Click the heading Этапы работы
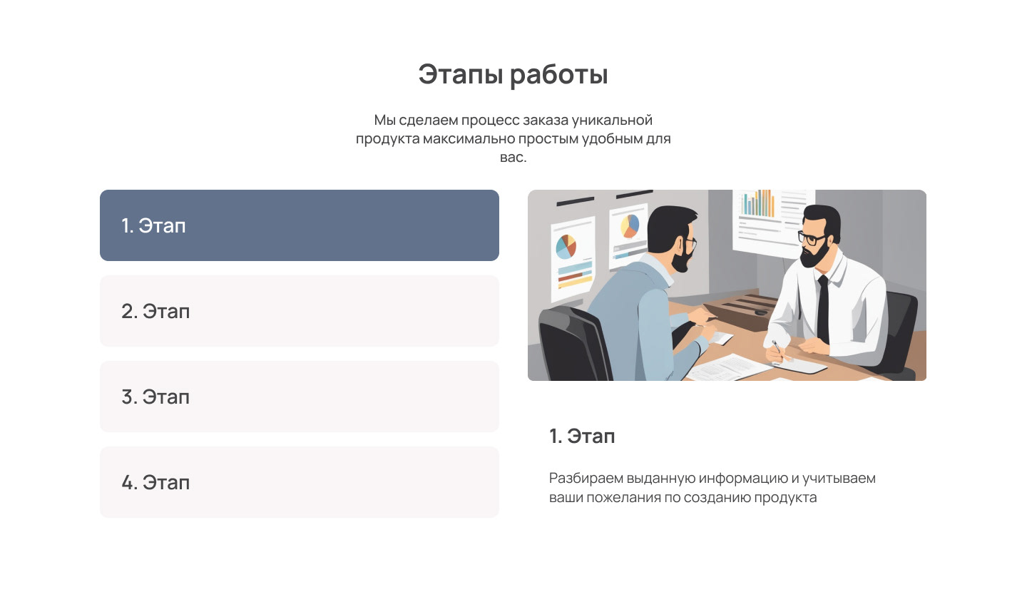tap(513, 75)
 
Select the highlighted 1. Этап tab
tap(299, 225)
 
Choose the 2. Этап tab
tap(299, 311)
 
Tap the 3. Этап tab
tap(299, 397)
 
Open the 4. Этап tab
tap(299, 482)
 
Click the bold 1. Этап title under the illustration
tap(582, 437)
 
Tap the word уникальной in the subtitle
tap(613, 120)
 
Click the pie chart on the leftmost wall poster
tap(566, 246)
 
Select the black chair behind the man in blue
tap(567, 342)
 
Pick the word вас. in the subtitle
tap(513, 157)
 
